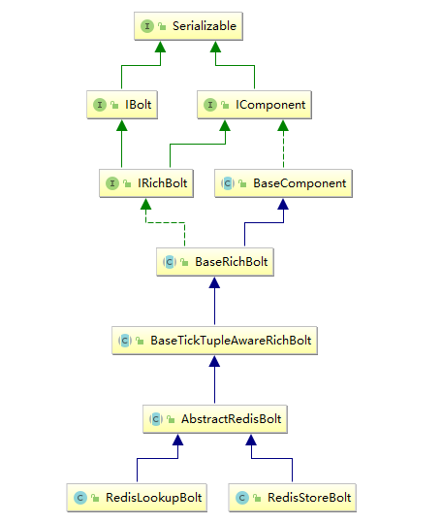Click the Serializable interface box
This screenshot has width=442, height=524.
188,26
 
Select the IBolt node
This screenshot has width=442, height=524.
122,105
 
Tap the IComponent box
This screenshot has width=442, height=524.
254,105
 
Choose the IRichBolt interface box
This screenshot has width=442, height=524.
146,183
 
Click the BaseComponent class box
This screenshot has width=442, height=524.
283,183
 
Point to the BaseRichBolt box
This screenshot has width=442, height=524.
215,262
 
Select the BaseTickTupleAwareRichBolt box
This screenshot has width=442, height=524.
214,341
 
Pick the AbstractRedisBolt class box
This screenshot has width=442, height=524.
215,419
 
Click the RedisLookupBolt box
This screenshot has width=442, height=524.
137,498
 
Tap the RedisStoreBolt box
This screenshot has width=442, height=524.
293,498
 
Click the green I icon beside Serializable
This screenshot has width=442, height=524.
147,26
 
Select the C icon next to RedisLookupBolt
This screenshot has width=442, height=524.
80,498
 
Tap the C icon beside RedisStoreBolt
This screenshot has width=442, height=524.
242,498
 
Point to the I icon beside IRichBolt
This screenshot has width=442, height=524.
112,183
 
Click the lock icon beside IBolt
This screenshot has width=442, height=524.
114,105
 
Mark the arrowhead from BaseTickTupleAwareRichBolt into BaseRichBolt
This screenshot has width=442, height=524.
214,282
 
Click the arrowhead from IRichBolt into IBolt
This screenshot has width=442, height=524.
122,125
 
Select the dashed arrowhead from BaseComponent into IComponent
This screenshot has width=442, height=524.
283,125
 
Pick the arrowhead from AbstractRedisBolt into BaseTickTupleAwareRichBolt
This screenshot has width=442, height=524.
214,361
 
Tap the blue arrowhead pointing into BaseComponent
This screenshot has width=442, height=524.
283,204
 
